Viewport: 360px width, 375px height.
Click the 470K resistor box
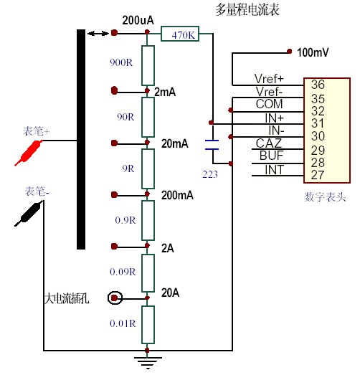180,34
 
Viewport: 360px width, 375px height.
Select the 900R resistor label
121,62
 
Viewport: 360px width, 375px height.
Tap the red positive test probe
28,153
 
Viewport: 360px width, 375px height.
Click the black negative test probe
29,214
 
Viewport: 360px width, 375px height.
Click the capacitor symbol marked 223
212,145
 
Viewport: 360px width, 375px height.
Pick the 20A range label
170,293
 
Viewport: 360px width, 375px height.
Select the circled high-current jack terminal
115,298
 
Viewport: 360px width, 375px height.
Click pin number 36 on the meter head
318,85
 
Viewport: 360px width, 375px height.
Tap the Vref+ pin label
269,79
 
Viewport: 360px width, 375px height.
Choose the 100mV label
313,52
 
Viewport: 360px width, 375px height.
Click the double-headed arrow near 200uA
98,34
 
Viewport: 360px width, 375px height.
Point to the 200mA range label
177,196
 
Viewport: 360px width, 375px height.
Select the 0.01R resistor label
123,323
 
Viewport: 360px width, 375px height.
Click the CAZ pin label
269,143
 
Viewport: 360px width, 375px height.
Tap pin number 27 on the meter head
318,175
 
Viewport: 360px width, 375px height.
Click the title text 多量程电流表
247,10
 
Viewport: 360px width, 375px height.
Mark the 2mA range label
165,92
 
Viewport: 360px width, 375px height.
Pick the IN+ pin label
275,118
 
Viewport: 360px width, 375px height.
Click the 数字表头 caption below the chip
325,197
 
